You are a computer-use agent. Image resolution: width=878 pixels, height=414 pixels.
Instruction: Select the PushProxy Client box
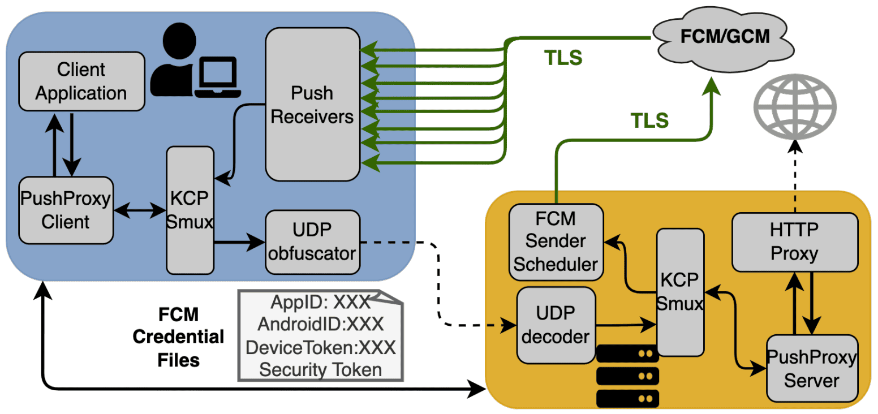66,210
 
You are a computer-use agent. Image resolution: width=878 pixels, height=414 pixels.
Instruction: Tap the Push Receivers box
312,104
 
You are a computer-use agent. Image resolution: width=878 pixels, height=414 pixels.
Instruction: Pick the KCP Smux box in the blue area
191,210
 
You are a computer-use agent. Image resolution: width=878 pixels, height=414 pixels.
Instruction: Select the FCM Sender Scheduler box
556,241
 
